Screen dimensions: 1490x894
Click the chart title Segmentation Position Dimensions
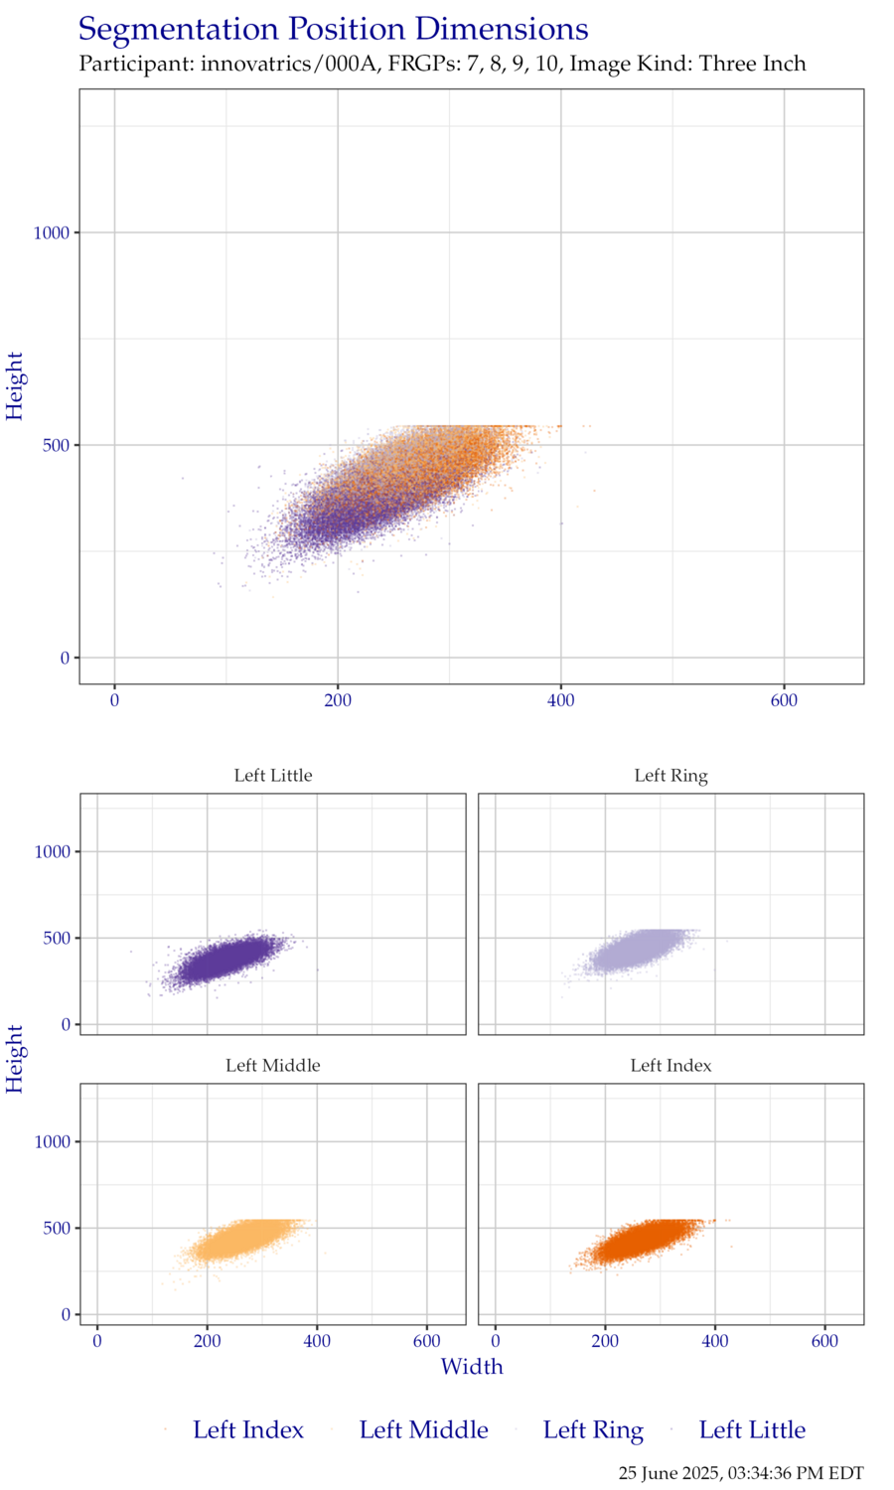334,30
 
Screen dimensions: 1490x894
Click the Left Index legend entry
247,1430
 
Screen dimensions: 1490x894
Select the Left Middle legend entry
423,1430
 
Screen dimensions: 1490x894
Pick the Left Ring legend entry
593,1430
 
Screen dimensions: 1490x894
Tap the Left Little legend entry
752,1430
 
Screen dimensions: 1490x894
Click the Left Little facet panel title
273,776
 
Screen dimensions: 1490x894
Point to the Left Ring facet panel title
671,776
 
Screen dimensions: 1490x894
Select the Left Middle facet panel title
273,1066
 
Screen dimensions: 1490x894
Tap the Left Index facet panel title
671,1066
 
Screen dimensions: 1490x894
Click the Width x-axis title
472,1367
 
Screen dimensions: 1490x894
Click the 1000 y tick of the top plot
52,233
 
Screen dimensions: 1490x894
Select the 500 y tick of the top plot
57,445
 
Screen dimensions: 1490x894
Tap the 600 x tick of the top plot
784,701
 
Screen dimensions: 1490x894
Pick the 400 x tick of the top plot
561,701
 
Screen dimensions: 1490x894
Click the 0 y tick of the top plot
66,658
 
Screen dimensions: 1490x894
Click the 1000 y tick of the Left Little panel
52,852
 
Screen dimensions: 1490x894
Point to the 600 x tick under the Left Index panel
825,1342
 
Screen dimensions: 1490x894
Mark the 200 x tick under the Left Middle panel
207,1342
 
